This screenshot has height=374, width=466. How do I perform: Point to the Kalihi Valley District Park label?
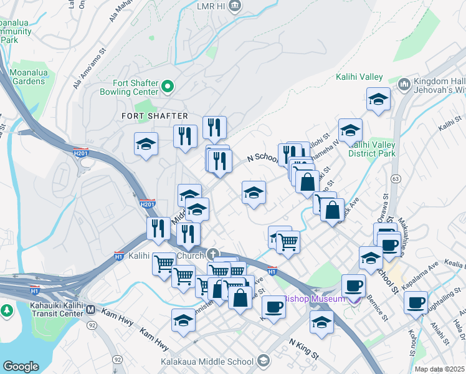point(372,149)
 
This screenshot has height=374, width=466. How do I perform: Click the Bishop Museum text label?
point(315,299)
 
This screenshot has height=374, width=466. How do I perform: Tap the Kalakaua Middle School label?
point(206,362)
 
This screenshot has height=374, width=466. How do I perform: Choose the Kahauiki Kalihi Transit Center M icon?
point(90,309)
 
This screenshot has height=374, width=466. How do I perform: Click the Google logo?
point(21,367)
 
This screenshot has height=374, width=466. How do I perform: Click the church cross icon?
point(213,254)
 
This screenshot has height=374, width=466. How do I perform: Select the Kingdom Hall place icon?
point(404,84)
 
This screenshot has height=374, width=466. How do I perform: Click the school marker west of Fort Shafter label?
point(146,145)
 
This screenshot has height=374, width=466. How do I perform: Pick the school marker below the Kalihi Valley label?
point(378,98)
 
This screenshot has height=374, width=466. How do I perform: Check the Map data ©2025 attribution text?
point(440,369)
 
